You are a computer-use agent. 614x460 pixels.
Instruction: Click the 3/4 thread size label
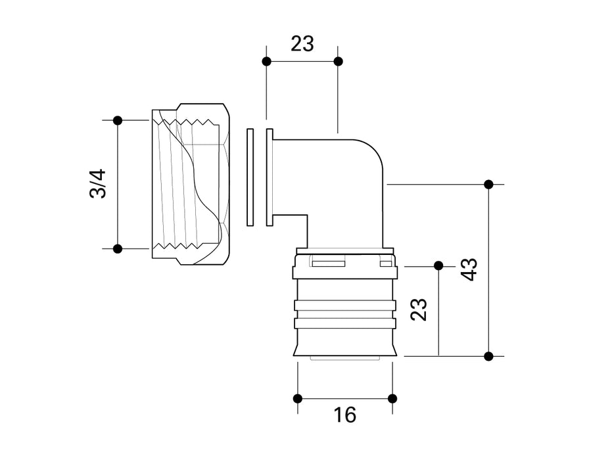tap(97, 184)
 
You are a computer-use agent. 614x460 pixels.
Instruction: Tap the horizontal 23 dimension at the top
tap(302, 44)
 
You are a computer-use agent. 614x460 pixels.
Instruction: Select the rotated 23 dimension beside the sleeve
tap(419, 309)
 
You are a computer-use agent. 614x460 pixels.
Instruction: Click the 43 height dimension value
tap(469, 269)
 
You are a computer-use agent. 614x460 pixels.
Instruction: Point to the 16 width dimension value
tap(344, 415)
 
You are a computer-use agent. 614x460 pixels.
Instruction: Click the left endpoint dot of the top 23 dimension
tap(266, 61)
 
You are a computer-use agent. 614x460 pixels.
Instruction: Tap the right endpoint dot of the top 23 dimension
tap(338, 61)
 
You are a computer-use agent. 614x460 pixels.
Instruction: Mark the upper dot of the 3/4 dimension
tap(118, 120)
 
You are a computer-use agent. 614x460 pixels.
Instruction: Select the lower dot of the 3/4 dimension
tap(118, 248)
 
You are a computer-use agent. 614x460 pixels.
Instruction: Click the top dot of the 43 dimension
tap(488, 184)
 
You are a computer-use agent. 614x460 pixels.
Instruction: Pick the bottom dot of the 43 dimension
tap(488, 356)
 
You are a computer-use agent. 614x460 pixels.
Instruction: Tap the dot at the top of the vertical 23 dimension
tap(438, 265)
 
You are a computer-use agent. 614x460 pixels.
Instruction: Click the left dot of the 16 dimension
tap(297, 398)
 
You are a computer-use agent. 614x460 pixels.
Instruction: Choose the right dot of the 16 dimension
tap(392, 398)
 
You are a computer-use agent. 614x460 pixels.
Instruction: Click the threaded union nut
tap(191, 184)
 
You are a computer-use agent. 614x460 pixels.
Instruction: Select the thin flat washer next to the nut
tap(250, 177)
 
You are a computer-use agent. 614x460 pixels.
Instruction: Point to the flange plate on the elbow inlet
tap(270, 177)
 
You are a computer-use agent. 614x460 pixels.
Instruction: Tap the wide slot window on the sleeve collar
tap(329, 264)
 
